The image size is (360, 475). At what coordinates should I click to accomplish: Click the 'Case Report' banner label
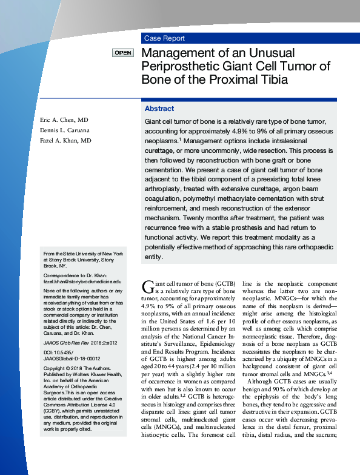pos(165,38)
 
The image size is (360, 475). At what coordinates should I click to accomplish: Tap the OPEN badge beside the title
pos(123,53)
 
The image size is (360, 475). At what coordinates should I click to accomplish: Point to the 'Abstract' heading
pos(159,109)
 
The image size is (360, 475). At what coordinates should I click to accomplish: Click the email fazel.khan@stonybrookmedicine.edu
pos(82,282)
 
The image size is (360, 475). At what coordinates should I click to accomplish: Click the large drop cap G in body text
pos(148,287)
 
